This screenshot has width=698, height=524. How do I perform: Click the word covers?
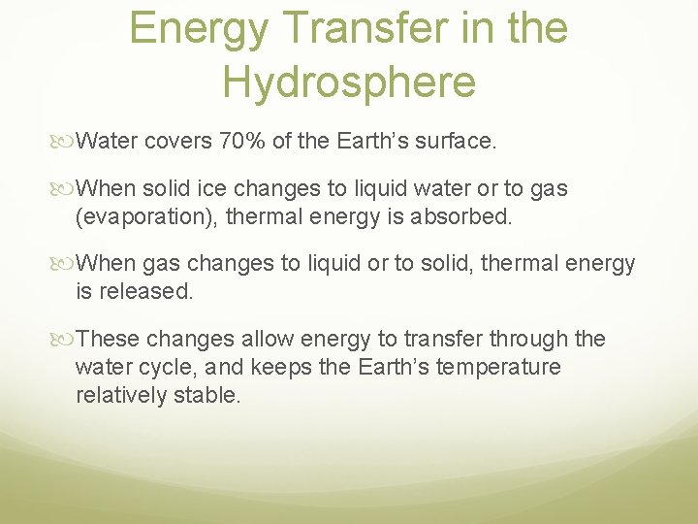click(177, 142)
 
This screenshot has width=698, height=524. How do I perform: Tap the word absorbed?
click(464, 215)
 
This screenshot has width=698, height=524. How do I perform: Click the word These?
click(108, 339)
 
